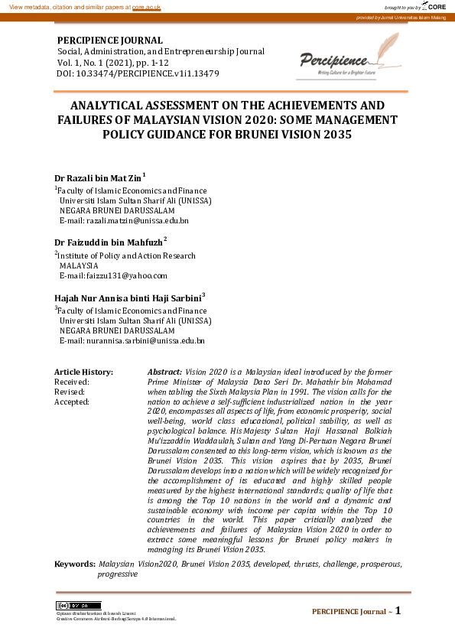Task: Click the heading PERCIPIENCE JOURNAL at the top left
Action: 110,41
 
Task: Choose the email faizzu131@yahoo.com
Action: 113,275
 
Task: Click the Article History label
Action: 83,372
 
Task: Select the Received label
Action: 72,382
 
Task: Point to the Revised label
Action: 69,391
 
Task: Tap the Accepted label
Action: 72,401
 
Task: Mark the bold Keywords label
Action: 74,563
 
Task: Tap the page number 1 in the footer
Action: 398,610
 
